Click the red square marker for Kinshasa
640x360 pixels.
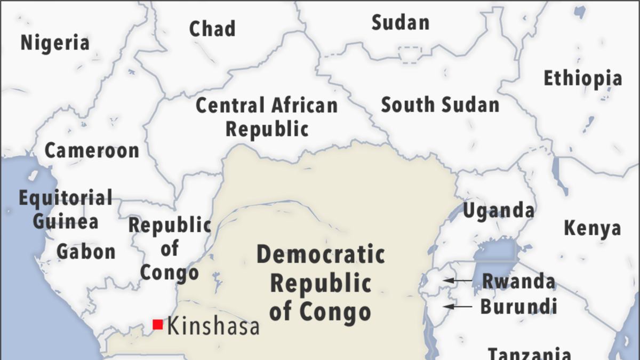(158, 324)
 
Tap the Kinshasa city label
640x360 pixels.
(213, 326)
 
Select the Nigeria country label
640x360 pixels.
(55, 43)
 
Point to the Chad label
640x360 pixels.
(212, 29)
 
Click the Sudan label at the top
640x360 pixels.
(401, 23)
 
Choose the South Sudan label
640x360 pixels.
(440, 105)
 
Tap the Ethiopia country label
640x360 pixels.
(582, 79)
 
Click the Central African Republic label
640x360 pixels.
(267, 117)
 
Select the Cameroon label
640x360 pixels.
(92, 151)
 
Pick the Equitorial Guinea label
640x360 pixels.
(66, 209)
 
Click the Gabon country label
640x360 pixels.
(86, 251)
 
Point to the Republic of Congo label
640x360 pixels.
(170, 249)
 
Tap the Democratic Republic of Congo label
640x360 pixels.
(320, 283)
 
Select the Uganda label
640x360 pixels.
(498, 211)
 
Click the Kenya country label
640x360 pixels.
(593, 228)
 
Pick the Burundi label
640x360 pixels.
(518, 307)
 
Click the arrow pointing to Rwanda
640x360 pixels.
(458, 280)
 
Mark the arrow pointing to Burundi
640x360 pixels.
(458, 306)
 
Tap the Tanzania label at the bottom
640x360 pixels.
(530, 353)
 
